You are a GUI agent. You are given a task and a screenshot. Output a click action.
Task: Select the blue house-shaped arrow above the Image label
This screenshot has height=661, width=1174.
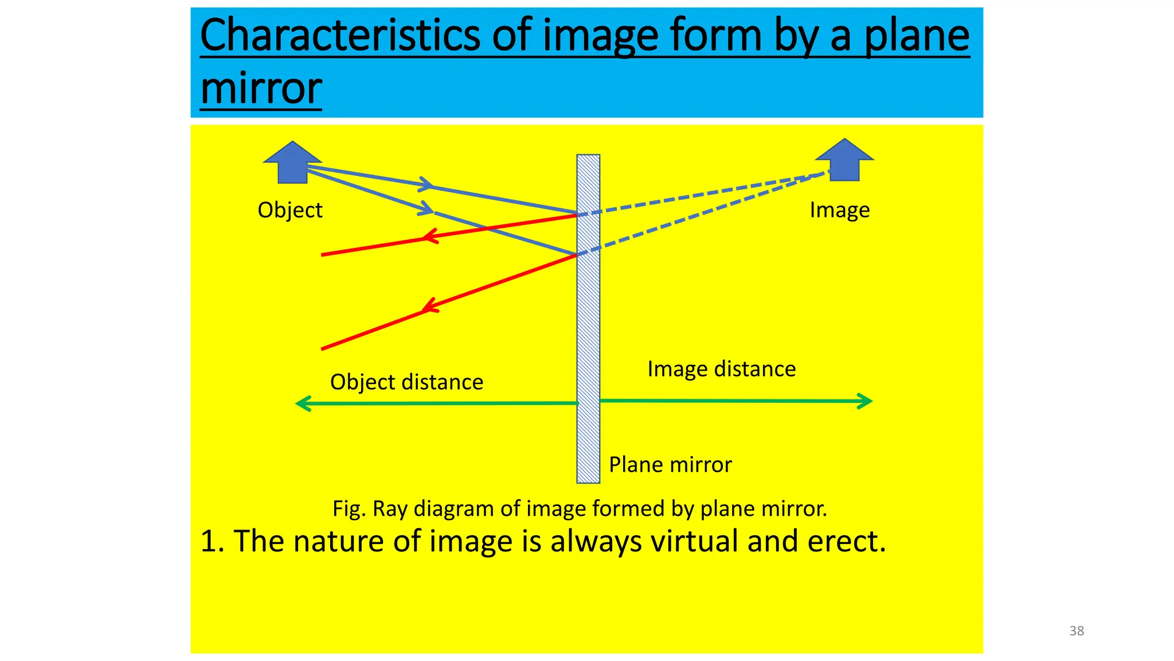coord(844,160)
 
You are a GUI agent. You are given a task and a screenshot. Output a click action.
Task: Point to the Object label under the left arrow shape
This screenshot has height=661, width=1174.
coord(290,210)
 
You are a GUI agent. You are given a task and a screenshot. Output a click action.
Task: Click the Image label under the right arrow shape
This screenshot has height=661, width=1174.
coord(839,210)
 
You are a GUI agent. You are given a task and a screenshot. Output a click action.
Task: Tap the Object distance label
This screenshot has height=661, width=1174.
coord(406,382)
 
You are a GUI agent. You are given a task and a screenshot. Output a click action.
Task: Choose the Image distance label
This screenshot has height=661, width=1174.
coord(721,369)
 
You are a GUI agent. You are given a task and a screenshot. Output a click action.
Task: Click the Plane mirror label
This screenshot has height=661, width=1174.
coord(670,465)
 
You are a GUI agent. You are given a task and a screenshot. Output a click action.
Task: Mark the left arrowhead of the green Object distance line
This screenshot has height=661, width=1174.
coord(303,404)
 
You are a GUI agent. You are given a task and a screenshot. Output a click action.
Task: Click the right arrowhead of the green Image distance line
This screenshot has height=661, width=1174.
coord(865,401)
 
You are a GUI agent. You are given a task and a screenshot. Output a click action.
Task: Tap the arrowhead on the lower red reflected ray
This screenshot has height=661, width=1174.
coord(430,306)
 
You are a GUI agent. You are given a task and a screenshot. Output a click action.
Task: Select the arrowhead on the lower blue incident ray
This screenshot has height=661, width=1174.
coord(426,209)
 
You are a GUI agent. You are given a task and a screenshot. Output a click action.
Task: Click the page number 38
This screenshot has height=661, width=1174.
coord(1077,631)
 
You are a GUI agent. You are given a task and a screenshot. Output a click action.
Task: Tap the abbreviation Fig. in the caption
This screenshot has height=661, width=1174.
coord(349,509)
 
